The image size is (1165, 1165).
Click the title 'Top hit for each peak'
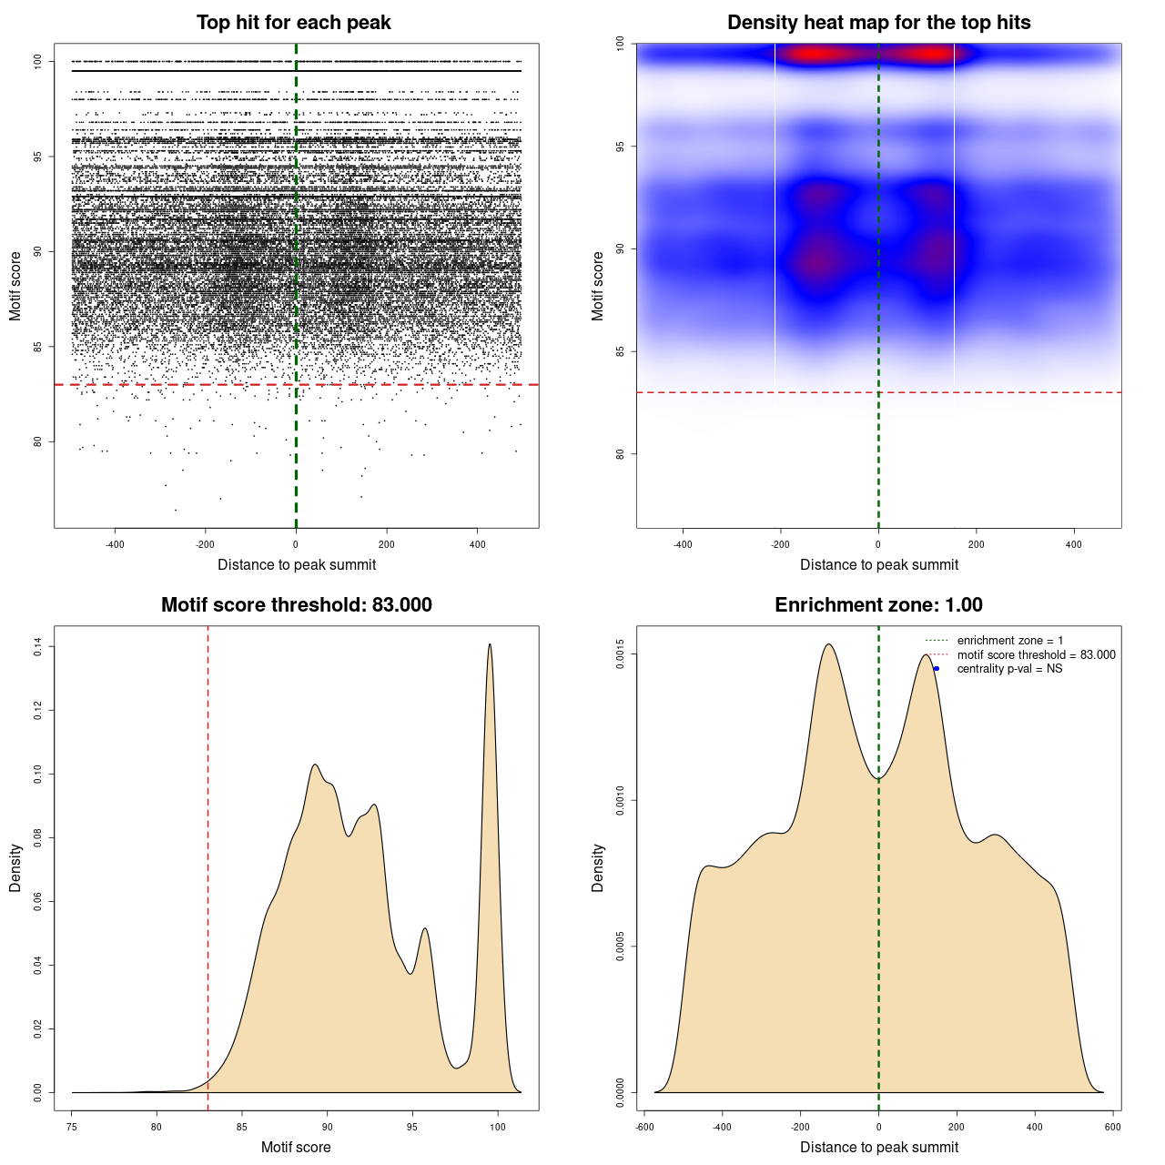tap(293, 23)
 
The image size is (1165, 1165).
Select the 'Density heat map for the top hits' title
tap(878, 23)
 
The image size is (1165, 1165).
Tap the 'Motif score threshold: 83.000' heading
tap(296, 605)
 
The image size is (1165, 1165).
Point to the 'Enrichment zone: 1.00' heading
tap(878, 605)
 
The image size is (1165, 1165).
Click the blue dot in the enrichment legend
tap(937, 669)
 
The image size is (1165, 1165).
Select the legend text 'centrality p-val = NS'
tap(1009, 669)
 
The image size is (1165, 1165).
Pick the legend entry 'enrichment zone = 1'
tap(1009, 641)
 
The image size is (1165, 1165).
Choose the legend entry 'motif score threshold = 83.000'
tap(1036, 655)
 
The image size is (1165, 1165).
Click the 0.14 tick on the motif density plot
tap(38, 646)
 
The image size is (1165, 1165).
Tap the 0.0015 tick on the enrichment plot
tap(621, 654)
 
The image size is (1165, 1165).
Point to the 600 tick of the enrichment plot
tap(1112, 1127)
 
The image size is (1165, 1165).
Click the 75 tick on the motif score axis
tap(72, 1127)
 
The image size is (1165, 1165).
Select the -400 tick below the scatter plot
tap(115, 544)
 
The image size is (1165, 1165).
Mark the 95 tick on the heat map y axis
tap(621, 147)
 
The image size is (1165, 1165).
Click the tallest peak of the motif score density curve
tap(490, 644)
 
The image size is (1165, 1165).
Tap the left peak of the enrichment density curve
tap(828, 644)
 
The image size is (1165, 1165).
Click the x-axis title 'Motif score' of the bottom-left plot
tap(296, 1147)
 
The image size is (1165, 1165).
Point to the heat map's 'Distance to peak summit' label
tap(878, 564)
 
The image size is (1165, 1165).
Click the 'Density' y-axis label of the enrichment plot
tap(598, 867)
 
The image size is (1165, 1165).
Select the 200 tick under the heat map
tap(976, 544)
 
